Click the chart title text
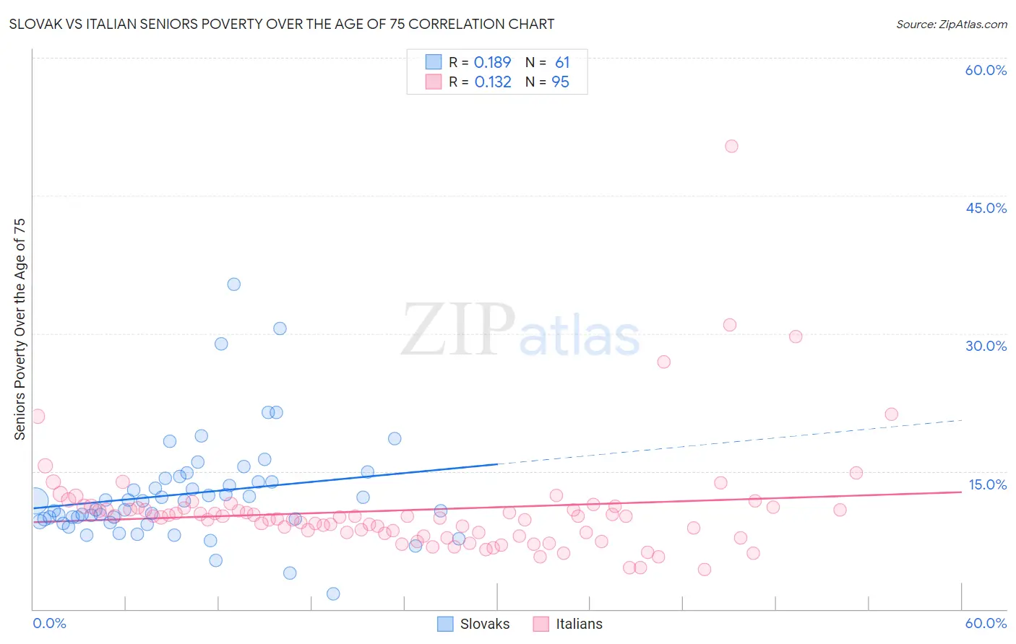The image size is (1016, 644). tap(282, 24)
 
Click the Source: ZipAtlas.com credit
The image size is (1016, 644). tap(951, 24)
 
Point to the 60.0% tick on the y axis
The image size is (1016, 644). tap(986, 70)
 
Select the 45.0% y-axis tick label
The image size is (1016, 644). tap(986, 208)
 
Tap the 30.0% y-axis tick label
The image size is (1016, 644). tap(986, 346)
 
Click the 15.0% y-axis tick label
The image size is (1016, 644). tap(986, 484)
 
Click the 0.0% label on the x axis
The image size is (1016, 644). tap(49, 623)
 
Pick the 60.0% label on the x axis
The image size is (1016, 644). tap(986, 623)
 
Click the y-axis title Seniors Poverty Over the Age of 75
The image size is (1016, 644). tap(20, 329)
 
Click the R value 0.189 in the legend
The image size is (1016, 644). tap(492, 63)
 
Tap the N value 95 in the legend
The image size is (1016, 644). tap(560, 82)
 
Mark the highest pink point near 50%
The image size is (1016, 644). tap(731, 147)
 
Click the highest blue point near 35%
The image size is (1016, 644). tap(233, 284)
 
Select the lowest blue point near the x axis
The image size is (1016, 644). tap(333, 593)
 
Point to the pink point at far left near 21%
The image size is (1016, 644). tap(38, 417)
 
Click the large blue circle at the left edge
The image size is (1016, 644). tap(35, 500)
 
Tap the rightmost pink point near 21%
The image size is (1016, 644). tap(891, 414)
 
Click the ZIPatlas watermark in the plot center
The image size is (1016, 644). tap(520, 331)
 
